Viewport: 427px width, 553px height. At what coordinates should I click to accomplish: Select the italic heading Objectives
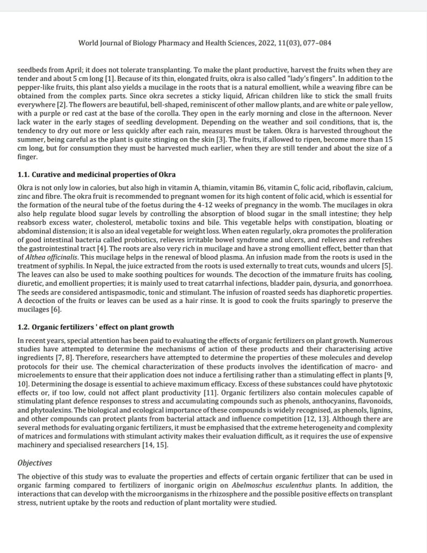[35, 462]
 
